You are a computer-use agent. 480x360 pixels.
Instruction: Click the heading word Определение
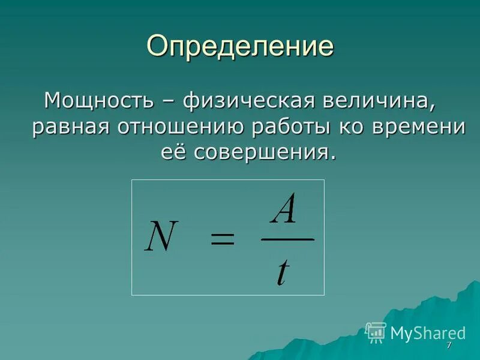[240, 46]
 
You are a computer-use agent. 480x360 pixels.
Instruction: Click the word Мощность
[98, 100]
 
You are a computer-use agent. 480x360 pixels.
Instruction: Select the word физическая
[248, 100]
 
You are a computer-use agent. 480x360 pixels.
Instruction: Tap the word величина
[379, 100]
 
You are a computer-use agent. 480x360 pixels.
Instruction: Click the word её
[173, 152]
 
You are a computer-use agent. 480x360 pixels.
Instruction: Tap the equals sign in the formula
[222, 240]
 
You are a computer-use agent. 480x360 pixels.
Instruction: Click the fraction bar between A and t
[287, 239]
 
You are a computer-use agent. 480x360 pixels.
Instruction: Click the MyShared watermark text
[428, 333]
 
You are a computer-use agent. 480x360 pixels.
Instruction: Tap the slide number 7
[448, 347]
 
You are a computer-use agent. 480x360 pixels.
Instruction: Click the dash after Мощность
[168, 101]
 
